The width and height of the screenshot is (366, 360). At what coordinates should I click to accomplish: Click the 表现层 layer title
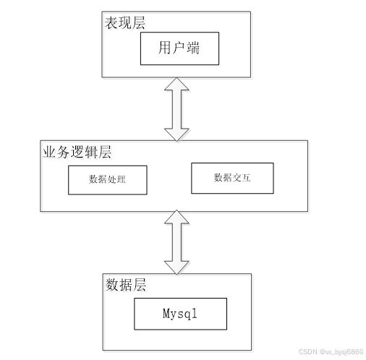[125, 23]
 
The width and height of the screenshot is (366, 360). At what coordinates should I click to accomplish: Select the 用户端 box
[179, 48]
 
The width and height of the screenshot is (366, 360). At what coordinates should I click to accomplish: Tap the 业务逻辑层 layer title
[77, 152]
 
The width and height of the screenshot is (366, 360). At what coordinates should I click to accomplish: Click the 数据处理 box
[108, 180]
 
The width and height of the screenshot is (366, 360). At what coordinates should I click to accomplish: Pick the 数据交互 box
[232, 178]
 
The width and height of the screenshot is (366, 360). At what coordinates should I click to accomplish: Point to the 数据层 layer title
[126, 285]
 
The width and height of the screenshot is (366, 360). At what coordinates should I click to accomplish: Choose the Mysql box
[180, 314]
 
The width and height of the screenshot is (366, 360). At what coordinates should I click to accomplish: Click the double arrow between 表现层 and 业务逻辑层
[176, 109]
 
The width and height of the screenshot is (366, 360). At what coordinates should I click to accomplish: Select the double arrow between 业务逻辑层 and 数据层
[176, 242]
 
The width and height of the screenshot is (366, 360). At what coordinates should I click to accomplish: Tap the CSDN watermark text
[331, 351]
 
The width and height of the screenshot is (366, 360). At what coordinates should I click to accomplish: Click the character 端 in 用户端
[193, 48]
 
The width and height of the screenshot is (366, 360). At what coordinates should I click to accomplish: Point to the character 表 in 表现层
[111, 23]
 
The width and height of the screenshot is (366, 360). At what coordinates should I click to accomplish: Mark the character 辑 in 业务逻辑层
[91, 152]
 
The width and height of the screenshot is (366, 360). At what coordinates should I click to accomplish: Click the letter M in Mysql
[166, 314]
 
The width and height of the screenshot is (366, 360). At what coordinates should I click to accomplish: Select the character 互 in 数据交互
[246, 178]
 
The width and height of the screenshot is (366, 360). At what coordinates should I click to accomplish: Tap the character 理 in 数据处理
[122, 179]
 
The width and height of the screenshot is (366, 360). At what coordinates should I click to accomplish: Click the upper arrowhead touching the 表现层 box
[176, 84]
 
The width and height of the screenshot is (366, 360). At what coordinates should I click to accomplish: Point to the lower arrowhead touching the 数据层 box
[176, 267]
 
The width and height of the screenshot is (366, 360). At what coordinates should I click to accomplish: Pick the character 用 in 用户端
[165, 48]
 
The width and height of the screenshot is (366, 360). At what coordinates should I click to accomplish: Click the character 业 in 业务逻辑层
[49, 152]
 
